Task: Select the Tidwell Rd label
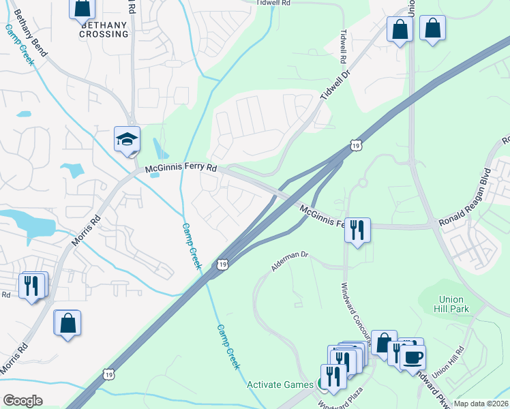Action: coord(273,3)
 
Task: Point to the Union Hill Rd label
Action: coord(447,359)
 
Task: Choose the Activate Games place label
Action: coord(280,384)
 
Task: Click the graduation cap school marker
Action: coord(127,139)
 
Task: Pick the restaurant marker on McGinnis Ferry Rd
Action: coord(357,230)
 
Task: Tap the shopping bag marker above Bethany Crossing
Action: coord(82,8)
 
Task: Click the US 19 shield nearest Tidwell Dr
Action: coord(356,145)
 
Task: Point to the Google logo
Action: coord(22,401)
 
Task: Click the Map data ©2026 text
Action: coord(481,404)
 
